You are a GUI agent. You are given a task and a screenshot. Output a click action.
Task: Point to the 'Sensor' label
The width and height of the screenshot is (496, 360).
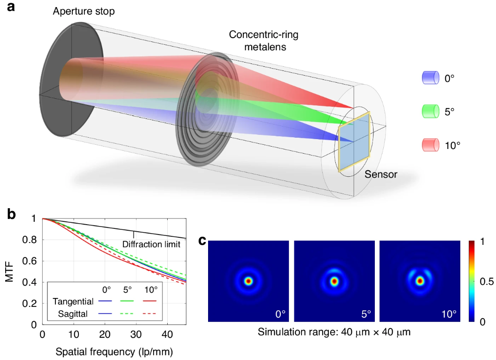pos(381,175)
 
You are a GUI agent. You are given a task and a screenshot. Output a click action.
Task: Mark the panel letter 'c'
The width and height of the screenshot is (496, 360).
pos(202,241)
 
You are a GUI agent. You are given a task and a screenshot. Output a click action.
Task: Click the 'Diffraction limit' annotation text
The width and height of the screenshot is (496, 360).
pos(151,244)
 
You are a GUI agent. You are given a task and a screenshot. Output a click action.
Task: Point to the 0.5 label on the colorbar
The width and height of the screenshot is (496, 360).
pos(485,282)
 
